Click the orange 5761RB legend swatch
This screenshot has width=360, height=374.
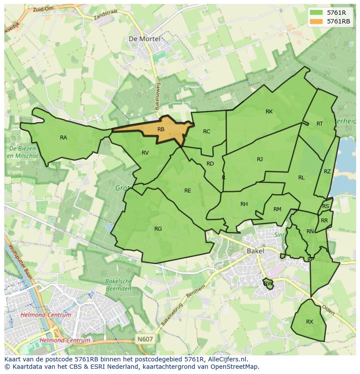(x=317, y=21)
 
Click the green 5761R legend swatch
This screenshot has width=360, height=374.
(x=317, y=13)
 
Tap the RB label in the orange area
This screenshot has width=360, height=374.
(x=161, y=129)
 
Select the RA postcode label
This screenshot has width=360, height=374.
(x=63, y=138)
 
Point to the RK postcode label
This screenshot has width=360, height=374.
(x=269, y=112)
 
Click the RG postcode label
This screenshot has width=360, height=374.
(x=158, y=229)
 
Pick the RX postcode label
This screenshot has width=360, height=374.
(x=310, y=322)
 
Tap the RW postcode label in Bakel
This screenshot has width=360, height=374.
(x=268, y=284)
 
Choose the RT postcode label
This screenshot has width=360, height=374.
(x=320, y=124)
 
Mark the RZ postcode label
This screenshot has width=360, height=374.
(x=327, y=172)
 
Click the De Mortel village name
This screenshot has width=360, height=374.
(x=144, y=39)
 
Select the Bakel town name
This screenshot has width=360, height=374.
(x=255, y=251)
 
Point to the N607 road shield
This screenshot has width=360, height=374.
(x=145, y=339)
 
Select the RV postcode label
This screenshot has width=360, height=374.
(x=145, y=152)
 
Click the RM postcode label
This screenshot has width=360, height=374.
(x=277, y=209)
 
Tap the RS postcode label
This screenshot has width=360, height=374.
(x=326, y=206)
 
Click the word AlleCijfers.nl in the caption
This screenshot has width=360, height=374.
(x=226, y=359)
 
